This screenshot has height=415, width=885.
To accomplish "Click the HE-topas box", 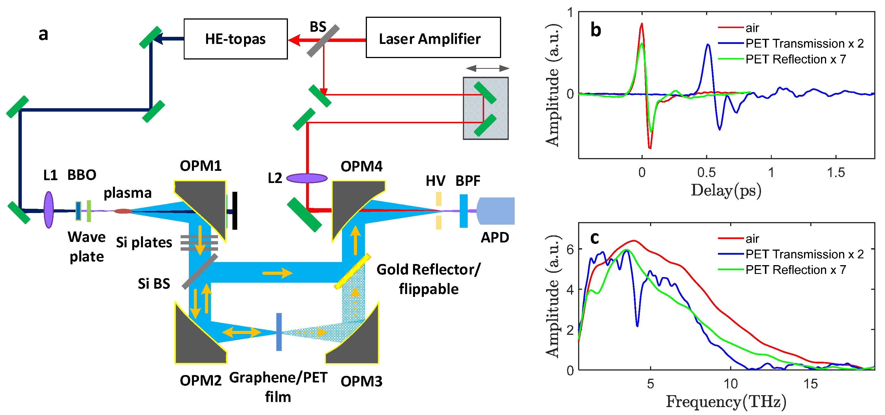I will (x=235, y=39).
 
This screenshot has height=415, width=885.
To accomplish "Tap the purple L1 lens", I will (x=49, y=210).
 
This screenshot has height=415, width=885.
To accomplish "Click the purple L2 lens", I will (x=307, y=178).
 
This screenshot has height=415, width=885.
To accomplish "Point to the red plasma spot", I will (x=123, y=211).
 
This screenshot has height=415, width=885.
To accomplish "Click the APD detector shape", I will (x=497, y=211).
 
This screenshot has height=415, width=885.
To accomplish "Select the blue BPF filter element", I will (x=463, y=211).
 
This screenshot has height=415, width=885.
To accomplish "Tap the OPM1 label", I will (x=201, y=166).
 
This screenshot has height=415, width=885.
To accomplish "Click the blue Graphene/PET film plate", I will (x=279, y=332).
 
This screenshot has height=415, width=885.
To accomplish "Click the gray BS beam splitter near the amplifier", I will (x=323, y=41).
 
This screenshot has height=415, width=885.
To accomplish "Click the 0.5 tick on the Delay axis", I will (x=706, y=173).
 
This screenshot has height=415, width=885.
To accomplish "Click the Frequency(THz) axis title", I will (x=726, y=402).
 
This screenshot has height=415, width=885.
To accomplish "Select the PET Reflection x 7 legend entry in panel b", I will (x=795, y=59).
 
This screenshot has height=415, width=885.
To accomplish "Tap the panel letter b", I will (x=596, y=30).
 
